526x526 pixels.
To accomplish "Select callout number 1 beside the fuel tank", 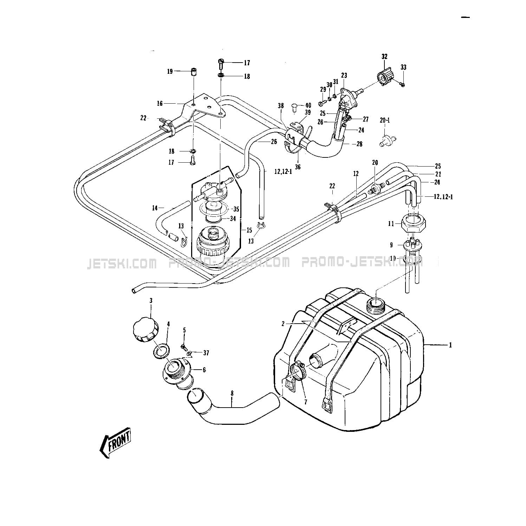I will pyautogui.click(x=450, y=345).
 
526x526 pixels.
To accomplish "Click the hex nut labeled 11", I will pyautogui.click(x=412, y=223).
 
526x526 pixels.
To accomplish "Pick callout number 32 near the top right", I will pyautogui.click(x=384, y=56).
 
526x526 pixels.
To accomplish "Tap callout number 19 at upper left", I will pyautogui.click(x=170, y=71).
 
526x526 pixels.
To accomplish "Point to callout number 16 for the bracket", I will pyautogui.click(x=160, y=103).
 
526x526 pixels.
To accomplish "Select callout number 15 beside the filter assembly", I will pyautogui.click(x=249, y=230).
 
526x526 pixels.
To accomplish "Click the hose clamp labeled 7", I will pyautogui.click(x=297, y=371).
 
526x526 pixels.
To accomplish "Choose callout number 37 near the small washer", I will pyautogui.click(x=206, y=353).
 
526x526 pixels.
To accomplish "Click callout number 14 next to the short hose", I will pyautogui.click(x=155, y=208).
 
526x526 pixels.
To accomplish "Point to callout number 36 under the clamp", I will pyautogui.click(x=298, y=167).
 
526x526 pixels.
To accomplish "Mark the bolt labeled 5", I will pyautogui.click(x=183, y=347).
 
